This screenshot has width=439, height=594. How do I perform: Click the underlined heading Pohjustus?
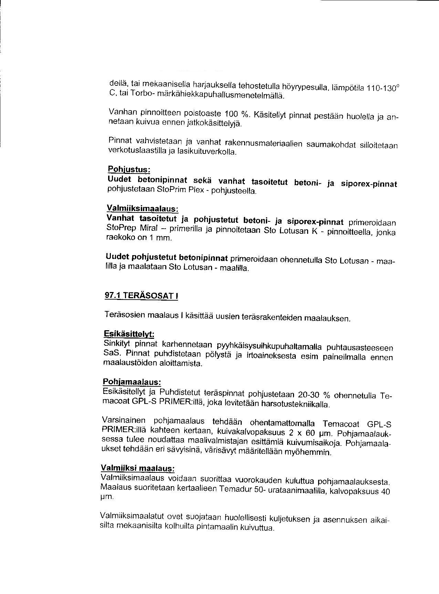click(x=129, y=169)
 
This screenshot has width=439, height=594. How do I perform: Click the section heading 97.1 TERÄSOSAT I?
click(x=141, y=295)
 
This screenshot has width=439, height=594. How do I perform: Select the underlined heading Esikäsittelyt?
click(x=129, y=334)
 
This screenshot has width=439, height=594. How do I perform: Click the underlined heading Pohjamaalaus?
click(x=132, y=382)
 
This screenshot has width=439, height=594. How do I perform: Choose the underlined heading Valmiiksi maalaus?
click(x=137, y=468)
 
